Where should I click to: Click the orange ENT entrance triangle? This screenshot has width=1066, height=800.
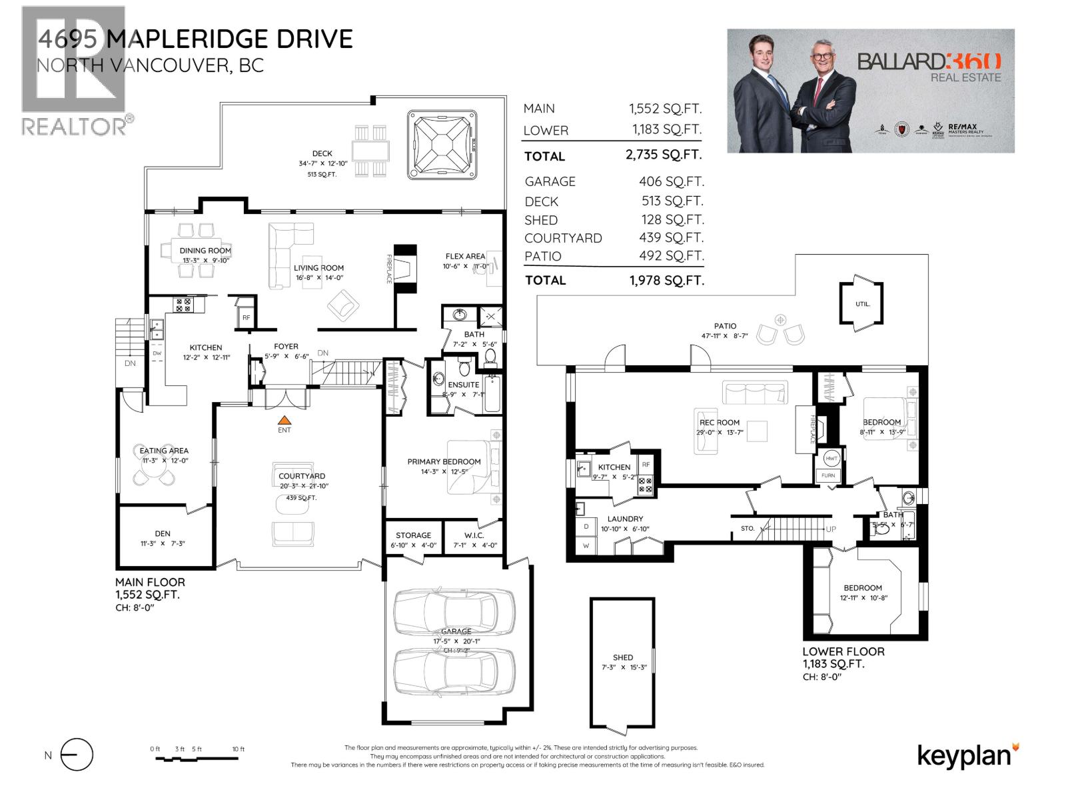pyautogui.click(x=284, y=420)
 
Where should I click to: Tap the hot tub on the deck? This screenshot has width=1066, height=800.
pyautogui.click(x=443, y=145)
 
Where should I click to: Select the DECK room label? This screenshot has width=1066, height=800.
pyautogui.click(x=322, y=153)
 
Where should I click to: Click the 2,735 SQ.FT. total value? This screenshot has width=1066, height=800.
pyautogui.click(x=664, y=155)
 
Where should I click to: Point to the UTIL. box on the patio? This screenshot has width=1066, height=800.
pyautogui.click(x=862, y=304)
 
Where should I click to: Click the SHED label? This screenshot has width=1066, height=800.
pyautogui.click(x=623, y=657)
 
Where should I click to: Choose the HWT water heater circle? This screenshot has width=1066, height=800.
pyautogui.click(x=831, y=459)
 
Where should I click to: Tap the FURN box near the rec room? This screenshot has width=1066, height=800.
pyautogui.click(x=828, y=475)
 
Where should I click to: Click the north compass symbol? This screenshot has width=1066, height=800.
pyautogui.click(x=76, y=755)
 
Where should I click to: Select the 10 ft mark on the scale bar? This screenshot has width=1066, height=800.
pyautogui.click(x=238, y=749)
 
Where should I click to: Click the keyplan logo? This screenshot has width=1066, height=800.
pyautogui.click(x=967, y=756)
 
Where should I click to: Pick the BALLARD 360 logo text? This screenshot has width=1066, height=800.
pyautogui.click(x=929, y=61)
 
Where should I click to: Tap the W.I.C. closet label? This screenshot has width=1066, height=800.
pyautogui.click(x=474, y=535)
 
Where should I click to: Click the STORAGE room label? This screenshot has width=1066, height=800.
pyautogui.click(x=413, y=535)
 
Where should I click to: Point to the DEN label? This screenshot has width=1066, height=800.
pyautogui.click(x=163, y=533)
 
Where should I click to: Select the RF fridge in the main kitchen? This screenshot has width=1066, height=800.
pyautogui.click(x=247, y=317)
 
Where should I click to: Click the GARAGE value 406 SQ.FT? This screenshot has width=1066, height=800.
pyautogui.click(x=671, y=181)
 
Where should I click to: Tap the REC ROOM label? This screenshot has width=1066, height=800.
pyautogui.click(x=720, y=422)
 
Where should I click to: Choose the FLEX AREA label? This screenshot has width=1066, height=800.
pyautogui.click(x=465, y=256)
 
